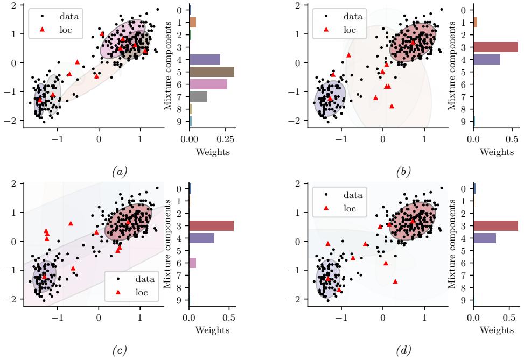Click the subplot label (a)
tap(118, 172)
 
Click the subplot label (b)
tap(402, 172)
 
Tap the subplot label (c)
tap(118, 351)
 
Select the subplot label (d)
tap(402, 351)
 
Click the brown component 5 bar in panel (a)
tap(212, 72)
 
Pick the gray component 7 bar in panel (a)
tap(198, 96)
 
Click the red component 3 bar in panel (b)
tap(495, 47)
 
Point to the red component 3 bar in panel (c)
tap(211, 225)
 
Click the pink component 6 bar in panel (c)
tap(193, 263)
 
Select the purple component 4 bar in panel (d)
tap(485, 238)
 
